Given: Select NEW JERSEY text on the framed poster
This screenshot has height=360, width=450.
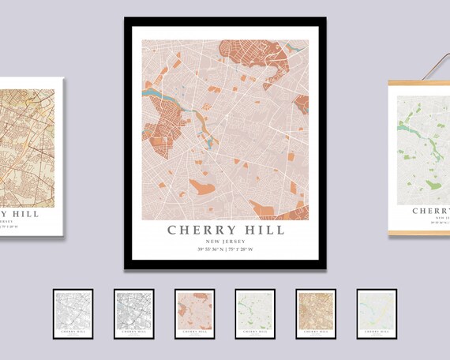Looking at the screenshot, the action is pyautogui.click(x=226, y=242).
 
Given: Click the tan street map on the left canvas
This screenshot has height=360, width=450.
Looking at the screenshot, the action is pyautogui.click(x=28, y=142).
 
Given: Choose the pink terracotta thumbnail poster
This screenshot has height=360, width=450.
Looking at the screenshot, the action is pyautogui.click(x=194, y=313).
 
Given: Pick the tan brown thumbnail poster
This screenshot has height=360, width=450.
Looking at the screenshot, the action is pyautogui.click(x=316, y=313).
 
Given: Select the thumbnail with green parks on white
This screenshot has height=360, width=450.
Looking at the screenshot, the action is pyautogui.click(x=255, y=313).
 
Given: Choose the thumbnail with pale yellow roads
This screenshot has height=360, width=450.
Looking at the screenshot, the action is pyautogui.click(x=377, y=313).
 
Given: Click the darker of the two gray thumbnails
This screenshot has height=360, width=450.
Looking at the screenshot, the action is pyautogui.click(x=133, y=313).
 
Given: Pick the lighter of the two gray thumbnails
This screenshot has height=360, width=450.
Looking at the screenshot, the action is pyautogui.click(x=73, y=313).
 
